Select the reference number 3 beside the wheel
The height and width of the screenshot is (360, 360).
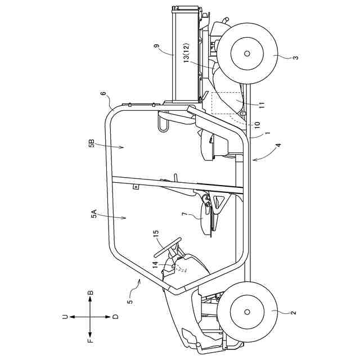296,57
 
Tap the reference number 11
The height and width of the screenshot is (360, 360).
262,104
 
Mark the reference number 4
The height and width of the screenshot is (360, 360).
279,146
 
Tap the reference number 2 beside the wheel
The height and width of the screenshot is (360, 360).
294,311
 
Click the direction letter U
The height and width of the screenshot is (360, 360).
66,317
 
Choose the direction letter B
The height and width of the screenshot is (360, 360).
90,293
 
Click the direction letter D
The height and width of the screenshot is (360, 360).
115,317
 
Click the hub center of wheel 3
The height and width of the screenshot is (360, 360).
247,53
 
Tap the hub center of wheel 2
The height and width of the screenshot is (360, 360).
247,311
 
